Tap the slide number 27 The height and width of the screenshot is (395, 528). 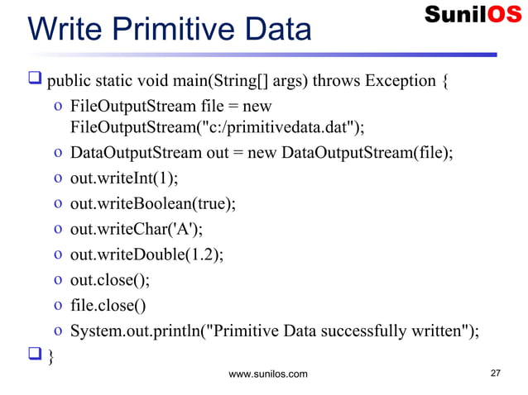coord(496,374)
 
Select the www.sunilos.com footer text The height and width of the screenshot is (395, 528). coord(267,374)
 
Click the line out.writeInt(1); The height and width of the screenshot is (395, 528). coord(124,178)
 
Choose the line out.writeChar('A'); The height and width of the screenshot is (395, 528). coord(137,229)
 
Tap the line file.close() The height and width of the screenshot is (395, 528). coord(108,306)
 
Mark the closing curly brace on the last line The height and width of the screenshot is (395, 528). coord(51,356)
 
